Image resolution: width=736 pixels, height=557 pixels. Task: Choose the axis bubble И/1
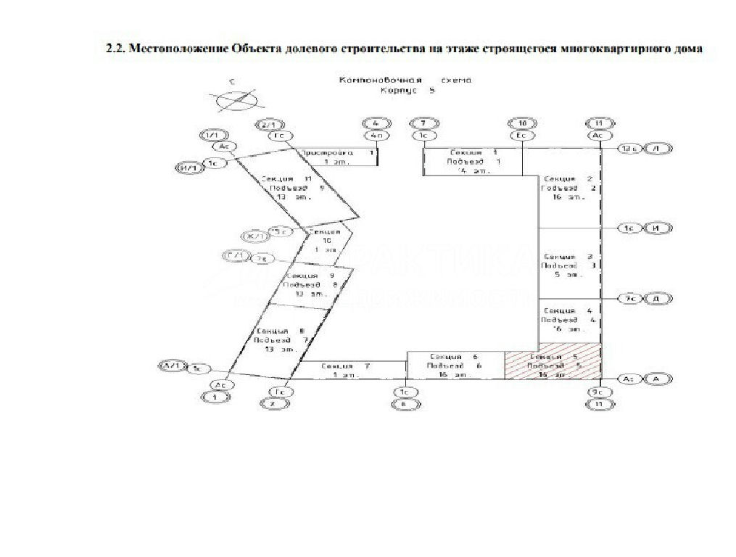pyautogui.click(x=189, y=168)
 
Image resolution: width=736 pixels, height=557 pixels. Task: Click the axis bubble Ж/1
pyautogui.click(x=255, y=236)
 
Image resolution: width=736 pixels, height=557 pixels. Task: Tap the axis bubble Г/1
pyautogui.click(x=236, y=257)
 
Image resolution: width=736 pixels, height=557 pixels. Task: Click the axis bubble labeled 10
pyautogui.click(x=521, y=123)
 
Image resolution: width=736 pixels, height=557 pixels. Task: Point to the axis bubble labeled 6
pyautogui.click(x=404, y=405)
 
